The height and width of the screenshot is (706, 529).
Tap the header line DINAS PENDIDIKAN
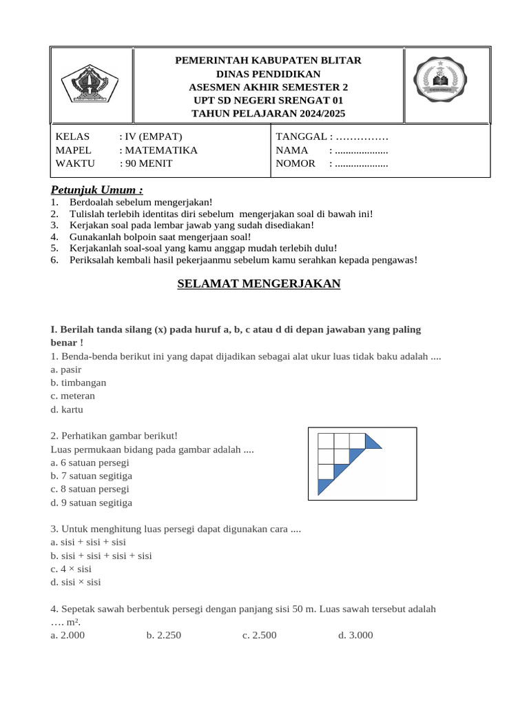coord(268,74)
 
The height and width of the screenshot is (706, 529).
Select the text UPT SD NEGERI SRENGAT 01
coord(268,100)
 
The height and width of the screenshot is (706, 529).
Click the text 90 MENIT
coord(147,163)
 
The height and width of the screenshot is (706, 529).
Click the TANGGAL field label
coord(301,137)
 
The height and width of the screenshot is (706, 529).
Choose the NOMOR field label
coord(295,163)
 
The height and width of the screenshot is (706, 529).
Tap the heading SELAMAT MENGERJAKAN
coord(259,283)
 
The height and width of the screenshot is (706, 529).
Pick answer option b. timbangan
coord(79,382)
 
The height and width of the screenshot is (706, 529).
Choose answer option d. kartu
coord(67,409)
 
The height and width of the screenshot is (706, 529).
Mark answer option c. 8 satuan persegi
coord(90,489)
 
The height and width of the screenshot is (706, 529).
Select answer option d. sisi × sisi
coord(76,582)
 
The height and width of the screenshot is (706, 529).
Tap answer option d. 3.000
coord(355,635)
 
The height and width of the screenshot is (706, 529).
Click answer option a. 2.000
coord(68,635)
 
